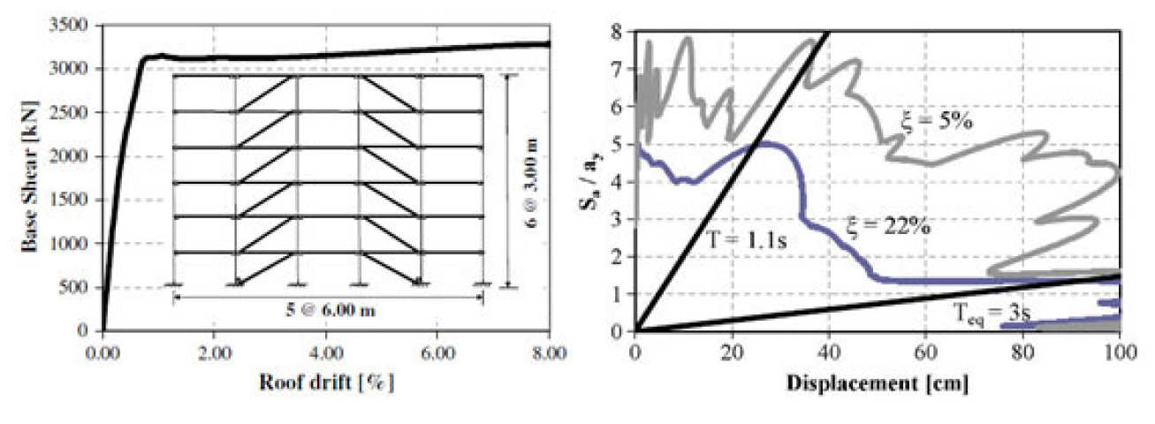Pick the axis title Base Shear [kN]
pyautogui.click(x=34, y=178)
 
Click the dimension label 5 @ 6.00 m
pyautogui.click(x=327, y=310)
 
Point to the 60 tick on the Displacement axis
pyautogui.click(x=925, y=352)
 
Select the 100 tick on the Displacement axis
pyautogui.click(x=1118, y=352)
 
